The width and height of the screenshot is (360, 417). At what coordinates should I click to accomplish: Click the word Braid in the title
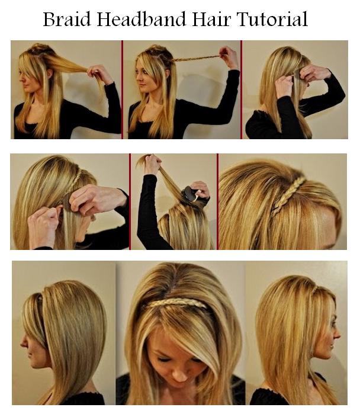(x=67, y=19)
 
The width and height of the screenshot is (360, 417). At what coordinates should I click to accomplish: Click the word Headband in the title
(x=142, y=19)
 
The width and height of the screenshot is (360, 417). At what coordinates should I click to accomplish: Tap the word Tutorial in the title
(x=272, y=19)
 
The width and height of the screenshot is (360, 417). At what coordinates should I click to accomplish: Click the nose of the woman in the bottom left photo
(x=24, y=342)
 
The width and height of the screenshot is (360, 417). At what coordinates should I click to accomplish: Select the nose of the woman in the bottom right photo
(x=337, y=333)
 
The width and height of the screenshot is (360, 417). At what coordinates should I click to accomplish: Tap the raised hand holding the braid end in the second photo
(x=228, y=56)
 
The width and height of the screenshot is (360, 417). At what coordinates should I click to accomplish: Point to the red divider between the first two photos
(x=123, y=89)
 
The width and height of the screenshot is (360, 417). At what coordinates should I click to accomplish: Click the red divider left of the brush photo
(x=130, y=201)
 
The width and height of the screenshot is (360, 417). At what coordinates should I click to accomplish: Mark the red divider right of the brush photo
(x=217, y=201)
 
